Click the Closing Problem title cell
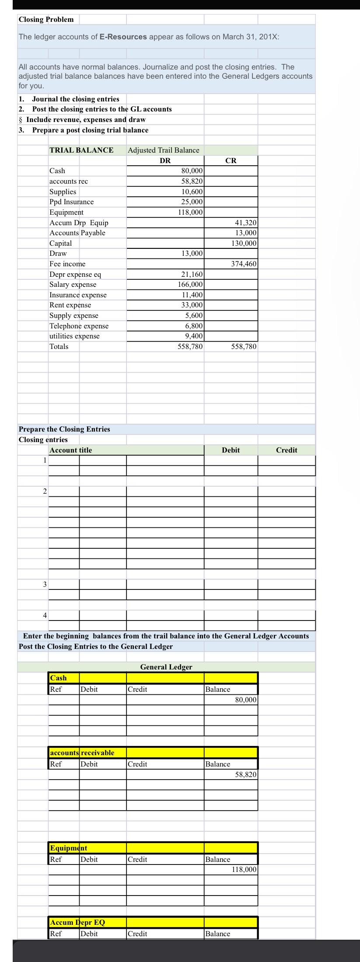[46, 20]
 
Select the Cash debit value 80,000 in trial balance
[192, 171]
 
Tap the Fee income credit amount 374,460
[244, 264]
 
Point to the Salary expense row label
[73, 285]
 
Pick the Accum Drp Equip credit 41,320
[245, 223]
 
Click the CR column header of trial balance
[231, 160]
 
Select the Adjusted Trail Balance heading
[163, 150]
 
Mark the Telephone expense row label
[79, 326]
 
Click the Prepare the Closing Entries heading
[64, 429]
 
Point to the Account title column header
[71, 450]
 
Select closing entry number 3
[44, 584]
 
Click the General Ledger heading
[166, 667]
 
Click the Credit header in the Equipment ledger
[137, 859]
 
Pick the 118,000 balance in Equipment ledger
[244, 870]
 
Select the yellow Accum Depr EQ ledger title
[78, 922]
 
